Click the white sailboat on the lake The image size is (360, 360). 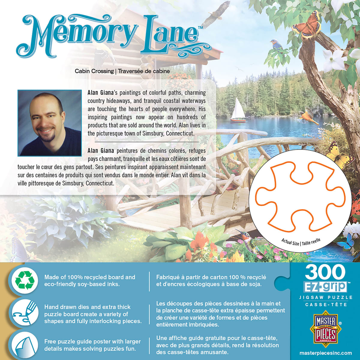point(238,110)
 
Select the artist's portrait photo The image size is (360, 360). point(49,123)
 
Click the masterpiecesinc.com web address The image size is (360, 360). point(325,353)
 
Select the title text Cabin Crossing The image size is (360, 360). point(94,71)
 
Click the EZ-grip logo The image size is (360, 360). point(325,286)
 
